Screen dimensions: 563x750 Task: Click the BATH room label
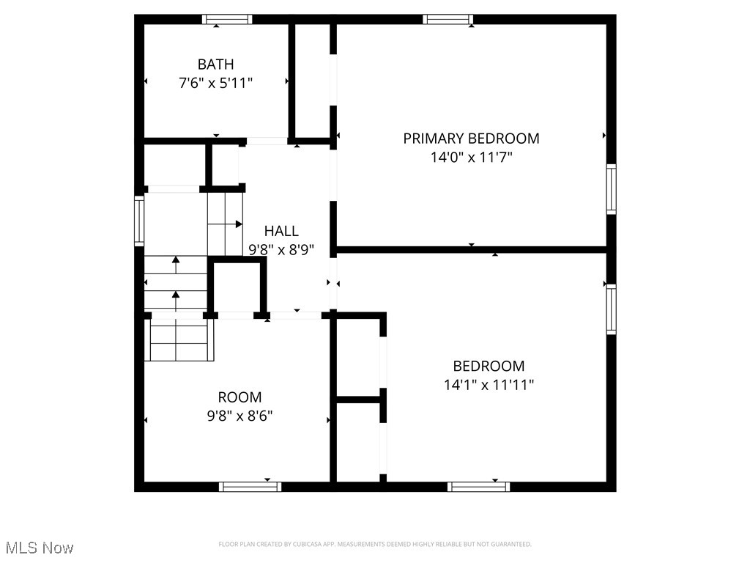click(215, 65)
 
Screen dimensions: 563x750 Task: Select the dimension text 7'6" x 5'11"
click(215, 84)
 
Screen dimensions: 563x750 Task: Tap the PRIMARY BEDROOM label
click(471, 138)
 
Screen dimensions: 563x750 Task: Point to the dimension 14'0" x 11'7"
click(471, 157)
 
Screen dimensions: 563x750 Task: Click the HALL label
click(281, 231)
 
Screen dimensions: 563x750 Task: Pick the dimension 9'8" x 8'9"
click(281, 250)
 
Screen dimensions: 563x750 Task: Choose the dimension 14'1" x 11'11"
click(489, 385)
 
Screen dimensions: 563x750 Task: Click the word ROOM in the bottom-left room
click(240, 397)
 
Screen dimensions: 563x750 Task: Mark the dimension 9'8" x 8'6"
click(240, 416)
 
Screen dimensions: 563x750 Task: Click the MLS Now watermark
click(40, 548)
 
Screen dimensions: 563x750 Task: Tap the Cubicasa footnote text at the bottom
click(375, 544)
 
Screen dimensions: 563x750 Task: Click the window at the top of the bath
click(227, 19)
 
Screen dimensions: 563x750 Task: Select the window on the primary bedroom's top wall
click(448, 19)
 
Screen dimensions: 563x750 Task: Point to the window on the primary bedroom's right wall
click(611, 189)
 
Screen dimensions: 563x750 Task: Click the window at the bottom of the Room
click(250, 486)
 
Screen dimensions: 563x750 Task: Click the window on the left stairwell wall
click(139, 220)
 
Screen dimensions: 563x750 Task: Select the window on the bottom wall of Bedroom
click(479, 486)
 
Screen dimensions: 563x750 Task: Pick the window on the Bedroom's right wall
click(611, 309)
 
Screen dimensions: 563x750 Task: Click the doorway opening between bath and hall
click(267, 141)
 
